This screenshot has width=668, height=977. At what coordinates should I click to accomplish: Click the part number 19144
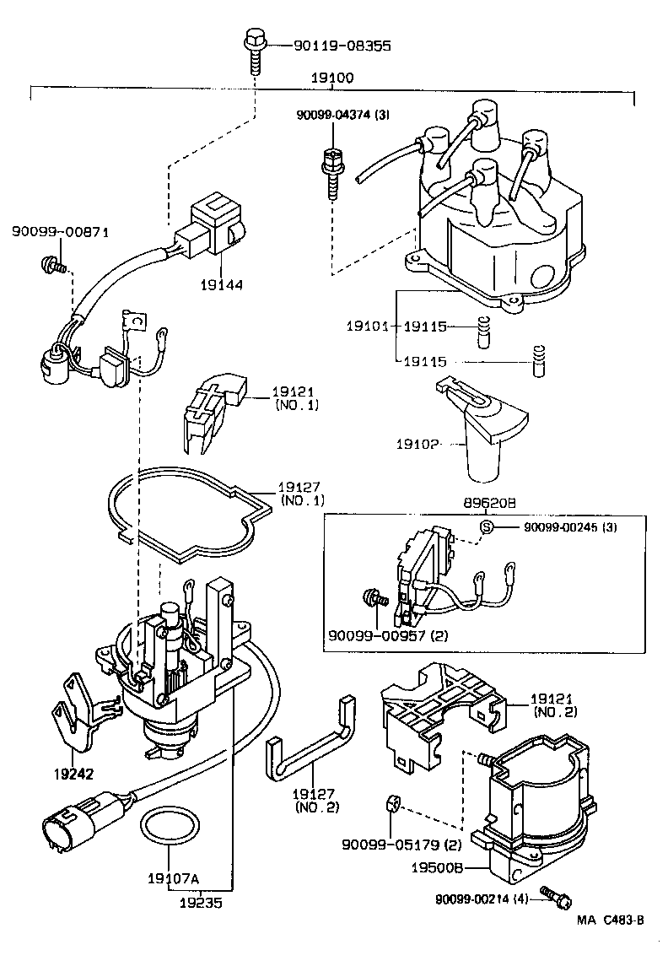point(222,285)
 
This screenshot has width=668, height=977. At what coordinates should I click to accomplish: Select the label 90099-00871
point(60,232)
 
